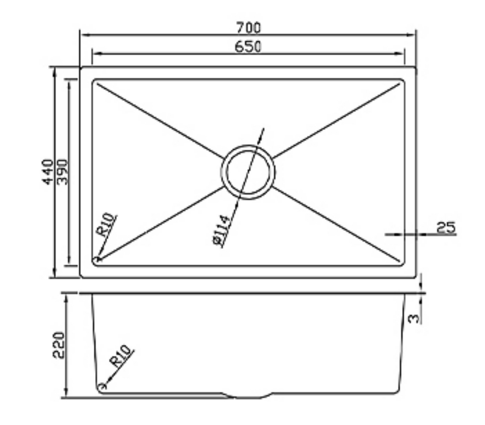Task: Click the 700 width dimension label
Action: click(249, 28)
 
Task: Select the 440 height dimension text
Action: click(47, 172)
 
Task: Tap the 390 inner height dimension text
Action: click(63, 172)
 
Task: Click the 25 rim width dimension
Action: click(446, 227)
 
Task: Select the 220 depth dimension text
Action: click(58, 345)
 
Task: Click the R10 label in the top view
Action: click(106, 225)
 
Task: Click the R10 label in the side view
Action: click(121, 356)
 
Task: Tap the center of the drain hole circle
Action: click(248, 172)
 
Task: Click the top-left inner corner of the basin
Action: click(94, 81)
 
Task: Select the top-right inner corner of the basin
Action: click(403, 81)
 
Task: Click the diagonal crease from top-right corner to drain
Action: click(336, 120)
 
